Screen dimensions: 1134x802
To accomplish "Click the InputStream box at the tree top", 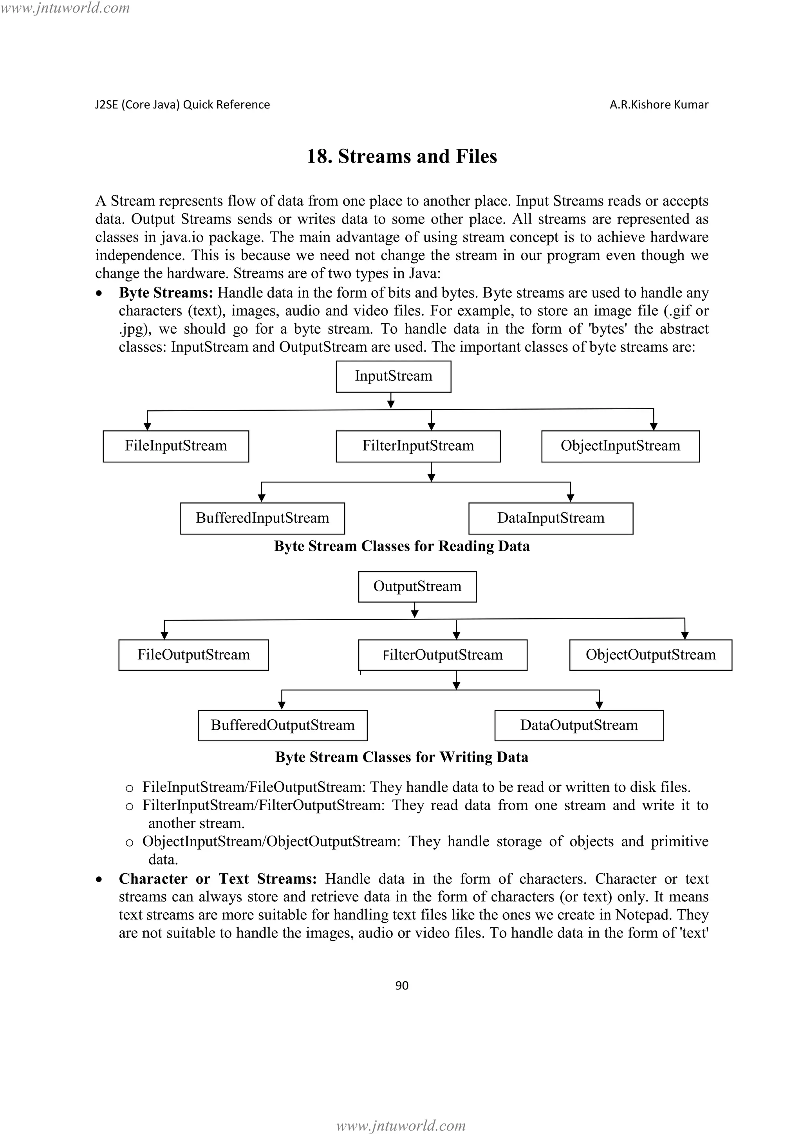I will [x=393, y=376].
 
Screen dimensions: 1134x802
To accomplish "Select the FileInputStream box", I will [x=176, y=446].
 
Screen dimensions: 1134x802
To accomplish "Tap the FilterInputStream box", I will [x=418, y=446].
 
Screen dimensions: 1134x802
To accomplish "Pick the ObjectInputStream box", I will [x=620, y=446].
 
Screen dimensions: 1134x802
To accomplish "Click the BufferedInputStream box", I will [x=262, y=518].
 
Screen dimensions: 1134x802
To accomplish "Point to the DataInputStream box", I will [x=551, y=518].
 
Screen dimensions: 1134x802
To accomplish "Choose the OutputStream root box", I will [x=417, y=587].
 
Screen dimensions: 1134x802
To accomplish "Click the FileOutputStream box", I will [x=193, y=655].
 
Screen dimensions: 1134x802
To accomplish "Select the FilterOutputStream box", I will [x=443, y=655].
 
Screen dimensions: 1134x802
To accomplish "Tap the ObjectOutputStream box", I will [x=650, y=655].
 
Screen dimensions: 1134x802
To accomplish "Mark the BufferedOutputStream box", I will [x=282, y=725].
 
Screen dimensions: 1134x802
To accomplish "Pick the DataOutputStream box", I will [x=579, y=725].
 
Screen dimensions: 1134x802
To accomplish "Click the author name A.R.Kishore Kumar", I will [x=659, y=105].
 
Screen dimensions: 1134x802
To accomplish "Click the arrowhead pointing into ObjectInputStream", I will [x=653, y=427].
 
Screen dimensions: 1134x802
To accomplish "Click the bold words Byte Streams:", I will [x=166, y=293].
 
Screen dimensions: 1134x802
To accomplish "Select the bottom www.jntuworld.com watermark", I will [x=401, y=1125].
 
